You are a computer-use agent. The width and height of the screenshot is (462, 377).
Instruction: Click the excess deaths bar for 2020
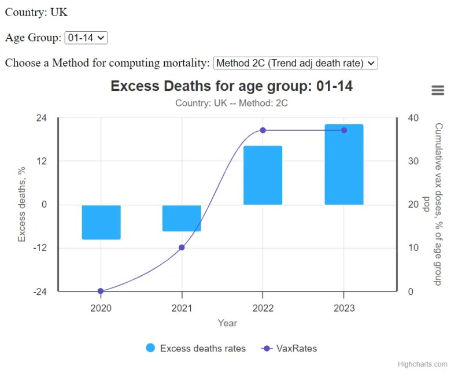click(101, 222)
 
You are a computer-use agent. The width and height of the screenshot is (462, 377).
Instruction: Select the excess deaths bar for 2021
click(182, 218)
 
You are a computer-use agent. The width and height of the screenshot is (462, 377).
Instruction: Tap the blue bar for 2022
click(263, 175)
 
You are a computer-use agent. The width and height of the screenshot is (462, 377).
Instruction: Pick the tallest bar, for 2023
click(344, 164)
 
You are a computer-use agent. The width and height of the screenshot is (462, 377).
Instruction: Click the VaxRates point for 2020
click(101, 291)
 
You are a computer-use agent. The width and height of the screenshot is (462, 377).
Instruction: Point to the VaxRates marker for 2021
click(182, 247)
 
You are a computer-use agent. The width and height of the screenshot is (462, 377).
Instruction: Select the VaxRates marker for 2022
click(263, 130)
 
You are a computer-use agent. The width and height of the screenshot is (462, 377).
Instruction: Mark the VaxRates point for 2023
click(344, 130)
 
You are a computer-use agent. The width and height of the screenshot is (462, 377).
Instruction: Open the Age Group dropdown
click(86, 38)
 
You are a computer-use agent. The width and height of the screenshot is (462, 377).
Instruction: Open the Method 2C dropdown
click(295, 62)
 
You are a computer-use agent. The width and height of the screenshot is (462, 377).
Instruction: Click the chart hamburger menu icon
click(438, 90)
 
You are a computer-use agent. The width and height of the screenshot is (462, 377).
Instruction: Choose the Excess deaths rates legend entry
click(196, 348)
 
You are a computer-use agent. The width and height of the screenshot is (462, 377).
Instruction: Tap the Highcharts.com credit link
click(422, 364)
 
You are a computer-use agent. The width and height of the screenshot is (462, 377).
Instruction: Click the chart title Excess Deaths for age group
click(231, 86)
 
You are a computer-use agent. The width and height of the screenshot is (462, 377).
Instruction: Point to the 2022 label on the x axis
click(263, 308)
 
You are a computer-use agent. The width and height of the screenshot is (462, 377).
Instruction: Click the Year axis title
click(227, 323)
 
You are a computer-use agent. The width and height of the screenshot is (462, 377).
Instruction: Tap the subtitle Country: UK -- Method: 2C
click(231, 104)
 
